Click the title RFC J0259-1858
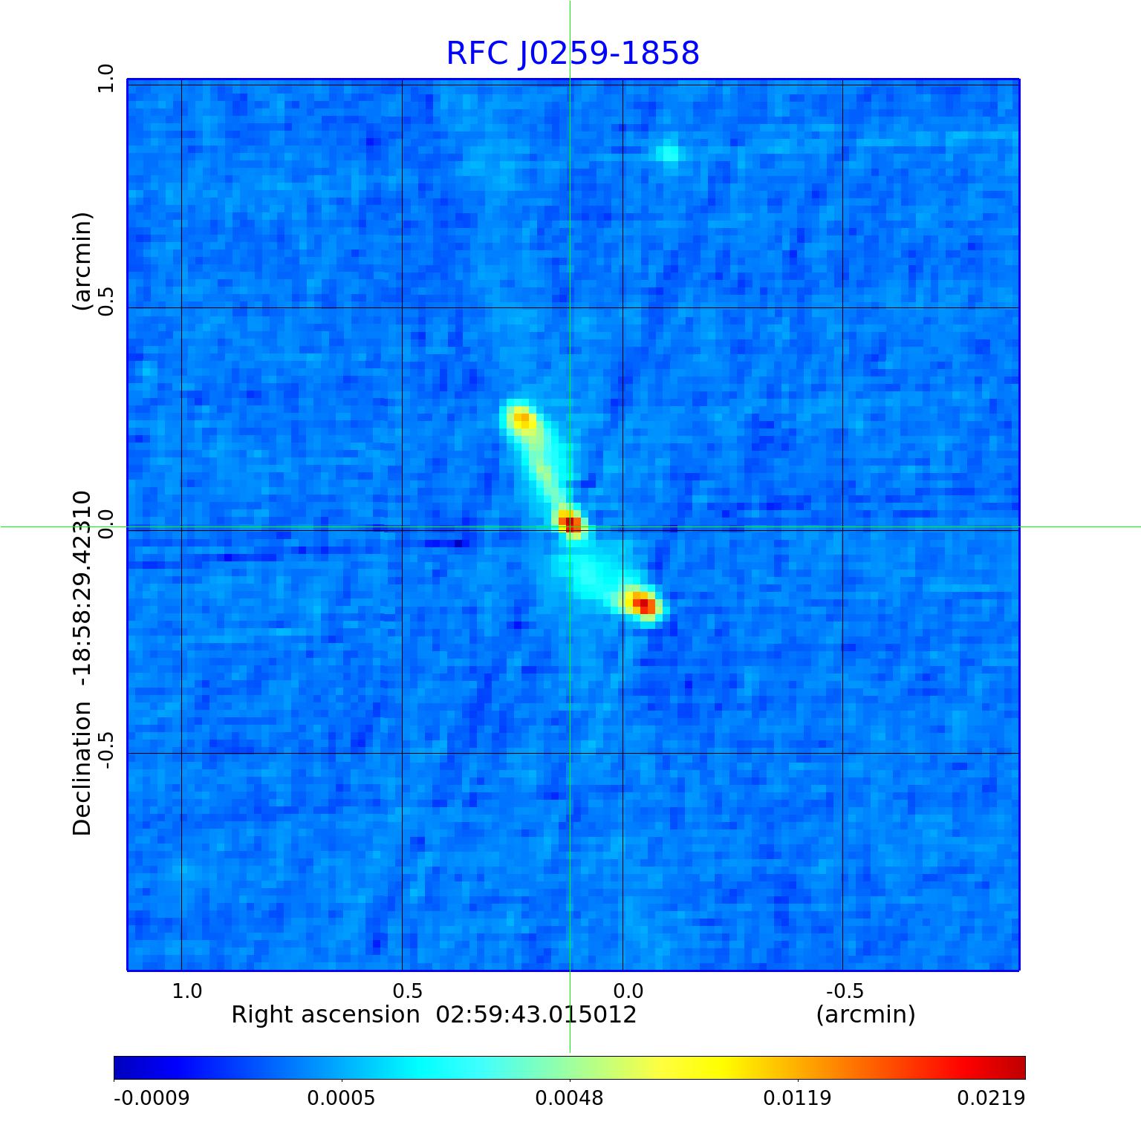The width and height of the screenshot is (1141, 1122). point(573,53)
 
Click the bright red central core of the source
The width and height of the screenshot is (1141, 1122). point(570,523)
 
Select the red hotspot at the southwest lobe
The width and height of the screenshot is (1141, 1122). point(643,604)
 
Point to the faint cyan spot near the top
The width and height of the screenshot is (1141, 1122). point(669,153)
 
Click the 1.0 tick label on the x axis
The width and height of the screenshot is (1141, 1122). point(186,991)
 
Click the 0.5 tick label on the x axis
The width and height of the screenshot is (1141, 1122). point(407,991)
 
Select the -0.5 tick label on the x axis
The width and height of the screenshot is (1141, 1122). point(845,991)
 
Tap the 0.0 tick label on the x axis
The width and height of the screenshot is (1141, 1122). point(628,991)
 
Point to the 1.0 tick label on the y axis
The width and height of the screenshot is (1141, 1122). point(106,78)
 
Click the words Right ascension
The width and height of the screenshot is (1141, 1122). point(325,1014)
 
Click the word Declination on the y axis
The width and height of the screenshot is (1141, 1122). point(82,769)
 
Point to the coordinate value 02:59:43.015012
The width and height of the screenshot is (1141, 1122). point(536,1014)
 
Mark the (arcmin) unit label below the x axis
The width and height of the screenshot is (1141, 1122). point(865,1014)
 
